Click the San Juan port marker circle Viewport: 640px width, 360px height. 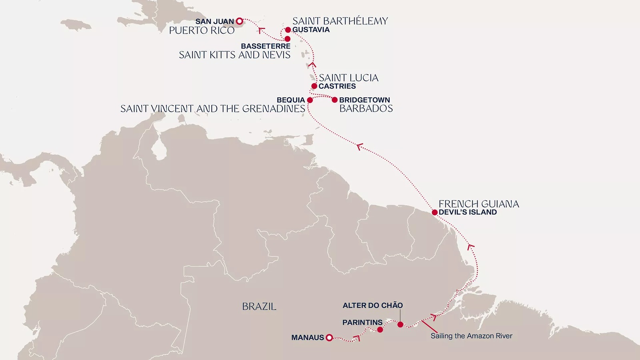239,21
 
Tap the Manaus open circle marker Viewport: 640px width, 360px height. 329,338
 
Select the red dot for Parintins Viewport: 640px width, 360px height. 380,330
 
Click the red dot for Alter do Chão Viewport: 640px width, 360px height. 400,324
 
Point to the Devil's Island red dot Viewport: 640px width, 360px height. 434,212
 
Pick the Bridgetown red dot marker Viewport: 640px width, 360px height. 334,100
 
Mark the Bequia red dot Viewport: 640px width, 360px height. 310,100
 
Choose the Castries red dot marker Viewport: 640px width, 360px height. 314,86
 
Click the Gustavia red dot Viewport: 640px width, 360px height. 288,30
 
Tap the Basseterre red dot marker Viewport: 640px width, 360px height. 287,39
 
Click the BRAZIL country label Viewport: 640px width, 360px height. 259,307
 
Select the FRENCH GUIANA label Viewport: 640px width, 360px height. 479,204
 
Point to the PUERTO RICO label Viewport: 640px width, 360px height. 202,31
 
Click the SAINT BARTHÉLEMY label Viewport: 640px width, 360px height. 340,21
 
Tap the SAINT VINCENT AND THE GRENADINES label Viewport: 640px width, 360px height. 213,109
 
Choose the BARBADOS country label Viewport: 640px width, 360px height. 366,108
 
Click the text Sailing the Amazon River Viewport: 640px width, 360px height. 471,336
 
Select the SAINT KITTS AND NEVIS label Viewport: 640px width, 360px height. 234,55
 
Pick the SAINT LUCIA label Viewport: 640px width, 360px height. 348,78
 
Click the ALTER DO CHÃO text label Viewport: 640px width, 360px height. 372,306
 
